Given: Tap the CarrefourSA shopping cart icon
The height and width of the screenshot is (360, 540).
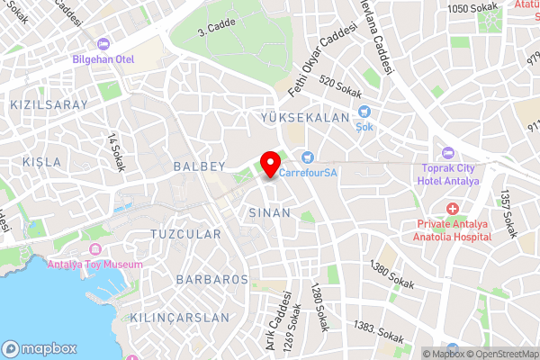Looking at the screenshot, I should point(307,157).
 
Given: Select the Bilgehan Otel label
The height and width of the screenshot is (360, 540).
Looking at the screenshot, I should point(104,60).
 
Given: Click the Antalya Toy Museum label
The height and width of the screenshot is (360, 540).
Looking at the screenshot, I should point(94,264).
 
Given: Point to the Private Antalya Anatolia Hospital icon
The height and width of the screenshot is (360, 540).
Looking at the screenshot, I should point(452,208).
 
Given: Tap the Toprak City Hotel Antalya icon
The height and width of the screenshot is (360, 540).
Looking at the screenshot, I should point(448,151).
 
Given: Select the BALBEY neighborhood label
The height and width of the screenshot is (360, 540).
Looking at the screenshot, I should point(198,166).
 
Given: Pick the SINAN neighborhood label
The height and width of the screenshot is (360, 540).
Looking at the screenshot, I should point(269,213).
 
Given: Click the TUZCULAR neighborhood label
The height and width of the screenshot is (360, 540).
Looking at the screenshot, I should point(184,234).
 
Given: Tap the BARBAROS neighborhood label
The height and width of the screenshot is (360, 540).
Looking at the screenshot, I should point(212,280).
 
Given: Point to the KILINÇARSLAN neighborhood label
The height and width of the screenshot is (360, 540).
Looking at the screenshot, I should point(180,318).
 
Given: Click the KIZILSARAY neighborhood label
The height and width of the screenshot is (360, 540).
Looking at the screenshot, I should point(49,105).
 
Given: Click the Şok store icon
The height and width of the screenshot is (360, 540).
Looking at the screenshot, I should point(364,112).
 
